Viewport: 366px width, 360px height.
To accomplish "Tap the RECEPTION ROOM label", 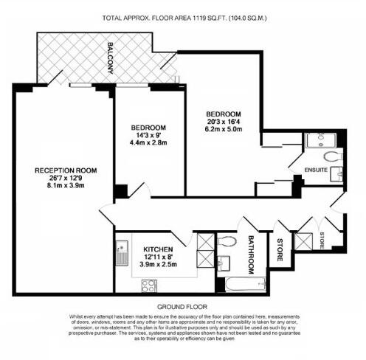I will pyautogui.click(x=66, y=170).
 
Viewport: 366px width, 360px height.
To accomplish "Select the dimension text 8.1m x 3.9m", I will pyautogui.click(x=66, y=187).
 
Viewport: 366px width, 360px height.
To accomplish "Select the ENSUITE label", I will pyautogui.click(x=316, y=170).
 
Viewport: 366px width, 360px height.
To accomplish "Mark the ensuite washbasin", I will pyautogui.click(x=336, y=175).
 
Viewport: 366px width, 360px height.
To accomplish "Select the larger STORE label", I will pyautogui.click(x=280, y=249).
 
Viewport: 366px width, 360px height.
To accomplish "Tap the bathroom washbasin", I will pyautogui.click(x=224, y=260).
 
